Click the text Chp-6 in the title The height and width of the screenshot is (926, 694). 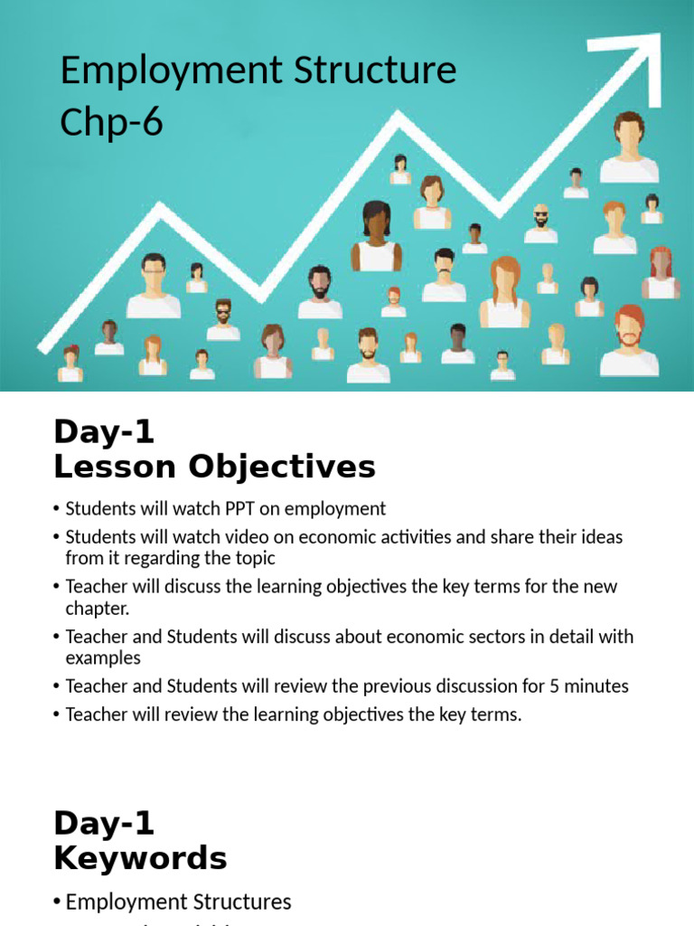[x=111, y=121]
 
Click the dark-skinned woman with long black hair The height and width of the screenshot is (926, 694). [x=376, y=237]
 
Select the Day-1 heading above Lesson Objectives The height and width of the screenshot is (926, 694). [x=104, y=432]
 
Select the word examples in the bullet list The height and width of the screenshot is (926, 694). [x=103, y=658]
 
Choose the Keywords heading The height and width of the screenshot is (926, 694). [x=140, y=857]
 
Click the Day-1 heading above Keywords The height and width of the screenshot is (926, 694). [x=104, y=823]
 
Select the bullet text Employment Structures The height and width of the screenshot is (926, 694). [x=178, y=902]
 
